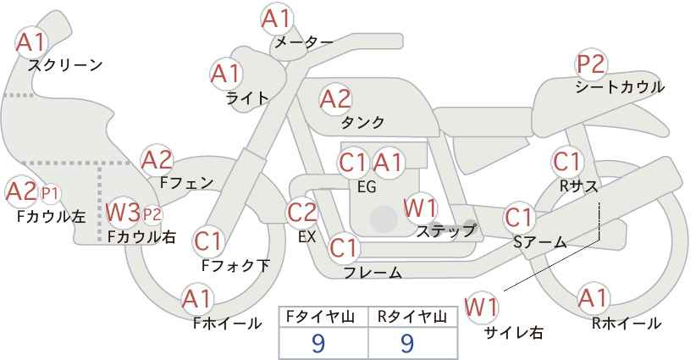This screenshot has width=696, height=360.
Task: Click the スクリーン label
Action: (65, 65)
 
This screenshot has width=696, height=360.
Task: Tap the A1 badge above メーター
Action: (277, 19)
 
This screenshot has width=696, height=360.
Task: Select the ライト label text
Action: (247, 97)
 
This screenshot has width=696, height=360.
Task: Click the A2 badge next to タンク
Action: (334, 99)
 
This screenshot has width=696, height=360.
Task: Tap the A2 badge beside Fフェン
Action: (157, 159)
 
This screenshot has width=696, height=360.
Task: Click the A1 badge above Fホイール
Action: (197, 298)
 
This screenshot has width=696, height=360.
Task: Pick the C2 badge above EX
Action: (302, 212)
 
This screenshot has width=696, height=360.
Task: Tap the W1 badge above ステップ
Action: (420, 207)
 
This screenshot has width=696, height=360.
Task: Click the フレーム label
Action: (373, 272)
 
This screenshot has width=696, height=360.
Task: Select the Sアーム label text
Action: (539, 242)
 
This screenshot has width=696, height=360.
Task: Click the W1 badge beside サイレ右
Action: (481, 306)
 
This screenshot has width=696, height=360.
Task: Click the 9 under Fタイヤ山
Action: (319, 342)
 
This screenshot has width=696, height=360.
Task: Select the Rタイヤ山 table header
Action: (412, 317)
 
